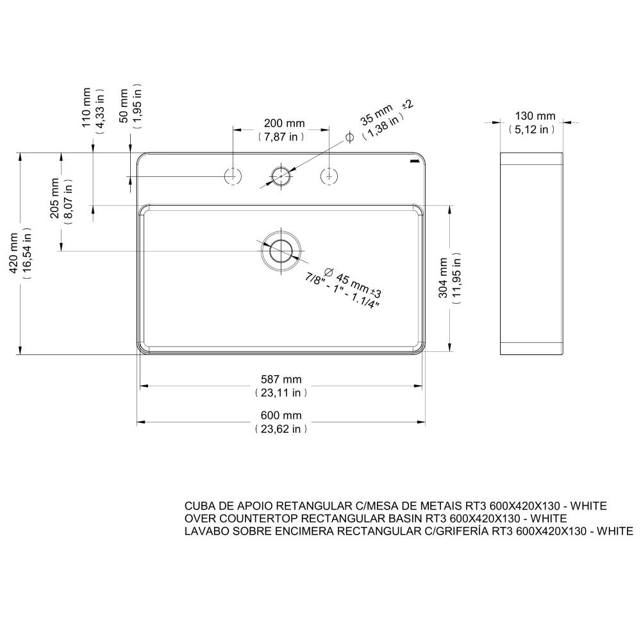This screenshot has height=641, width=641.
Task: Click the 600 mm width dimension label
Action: [281, 415]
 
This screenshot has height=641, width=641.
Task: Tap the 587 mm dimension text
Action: [281, 379]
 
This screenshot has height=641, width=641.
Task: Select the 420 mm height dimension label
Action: [15, 253]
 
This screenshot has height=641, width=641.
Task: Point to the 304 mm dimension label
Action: [444, 278]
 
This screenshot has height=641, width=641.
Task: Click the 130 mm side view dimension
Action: [535, 116]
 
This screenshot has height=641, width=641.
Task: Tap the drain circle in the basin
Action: [280, 249]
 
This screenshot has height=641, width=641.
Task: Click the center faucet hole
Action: [280, 175]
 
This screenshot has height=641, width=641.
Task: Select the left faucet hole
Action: [232, 175]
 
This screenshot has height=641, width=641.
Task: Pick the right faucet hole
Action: [329, 175]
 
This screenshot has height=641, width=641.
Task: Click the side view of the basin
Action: [532, 254]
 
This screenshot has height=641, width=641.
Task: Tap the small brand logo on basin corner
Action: [415, 161]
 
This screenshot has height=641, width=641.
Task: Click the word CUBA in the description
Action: [198, 506]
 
